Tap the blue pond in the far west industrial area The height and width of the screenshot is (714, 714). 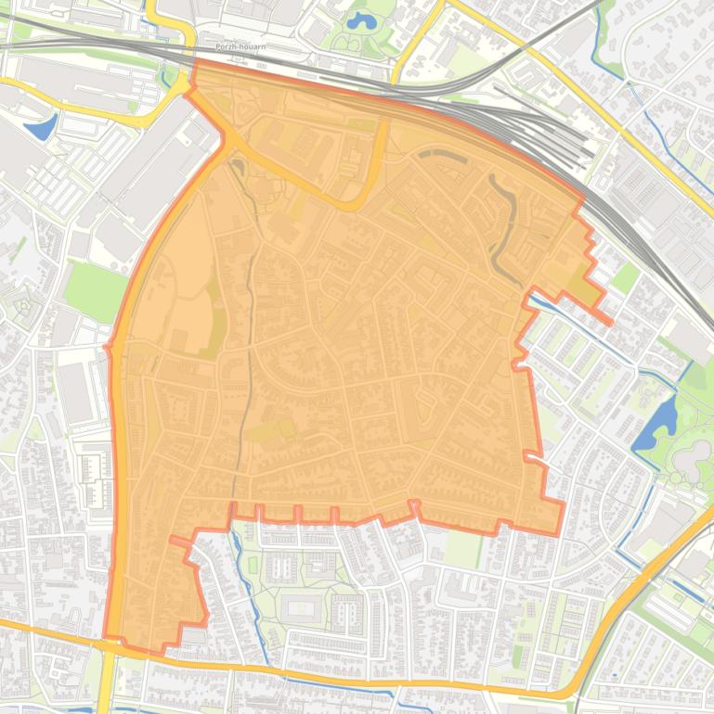click(x=42, y=126)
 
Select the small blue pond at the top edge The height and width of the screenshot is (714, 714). click(x=357, y=20)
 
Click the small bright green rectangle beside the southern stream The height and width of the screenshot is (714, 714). click(x=251, y=564)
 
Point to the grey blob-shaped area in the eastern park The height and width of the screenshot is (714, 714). click(x=692, y=456)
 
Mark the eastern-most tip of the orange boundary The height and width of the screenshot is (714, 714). click(x=611, y=322)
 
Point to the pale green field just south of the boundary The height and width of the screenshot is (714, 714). click(x=461, y=548)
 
